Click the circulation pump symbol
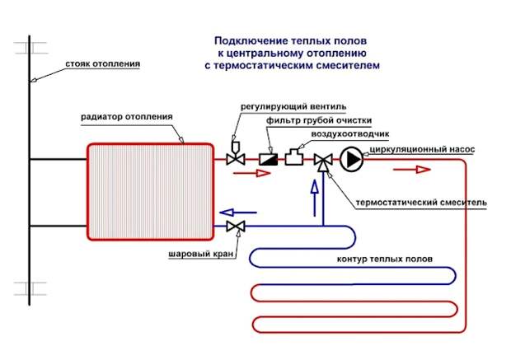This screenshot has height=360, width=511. point(351,159)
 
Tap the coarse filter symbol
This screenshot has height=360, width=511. point(268,159)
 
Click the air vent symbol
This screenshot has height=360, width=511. point(294,157)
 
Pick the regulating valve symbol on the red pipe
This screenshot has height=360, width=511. point(236,154)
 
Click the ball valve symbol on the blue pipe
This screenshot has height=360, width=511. point(236,226)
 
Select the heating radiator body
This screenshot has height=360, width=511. point(150,192)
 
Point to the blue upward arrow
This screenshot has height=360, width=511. point(315,198)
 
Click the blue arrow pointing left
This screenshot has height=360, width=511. point(238,213)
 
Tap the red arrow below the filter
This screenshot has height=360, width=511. point(252,173)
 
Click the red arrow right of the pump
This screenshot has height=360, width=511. point(412,170)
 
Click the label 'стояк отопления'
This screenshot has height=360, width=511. point(103,64)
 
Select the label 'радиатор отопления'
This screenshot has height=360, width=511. point(127,117)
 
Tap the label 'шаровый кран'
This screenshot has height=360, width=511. point(201,254)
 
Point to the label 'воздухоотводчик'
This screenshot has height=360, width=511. point(350,134)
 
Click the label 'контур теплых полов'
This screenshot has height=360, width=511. point(385,259)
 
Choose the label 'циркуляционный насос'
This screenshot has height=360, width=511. point(422,150)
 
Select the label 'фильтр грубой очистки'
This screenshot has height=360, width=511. point(319,120)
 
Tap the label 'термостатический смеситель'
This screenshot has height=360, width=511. point(421,203)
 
